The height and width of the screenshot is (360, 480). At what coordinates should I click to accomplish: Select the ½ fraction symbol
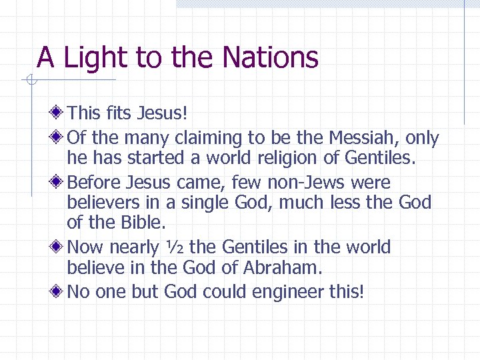pyautogui.click(x=173, y=247)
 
